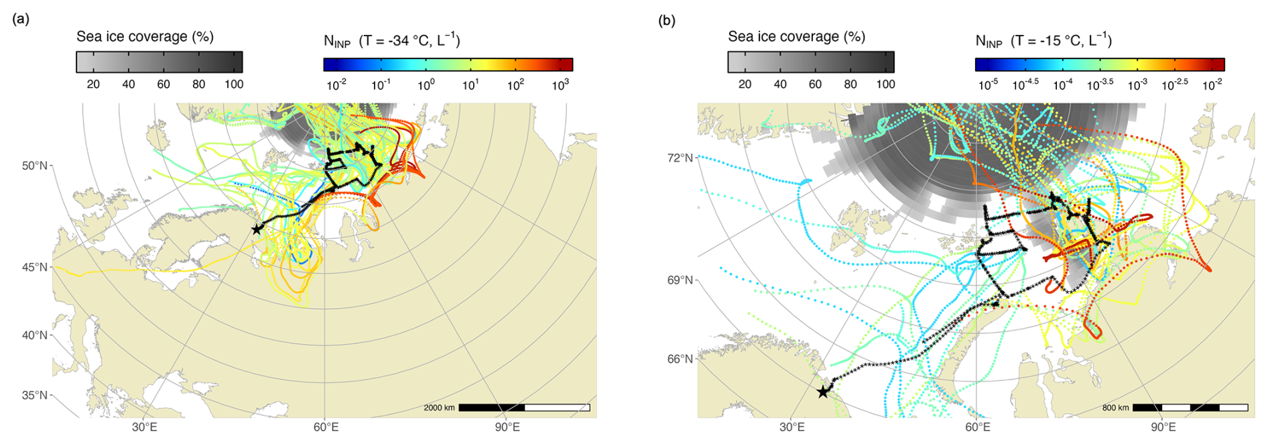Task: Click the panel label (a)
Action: click(x=21, y=19)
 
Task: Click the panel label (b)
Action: click(x=667, y=21)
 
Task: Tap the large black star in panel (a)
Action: click(x=257, y=229)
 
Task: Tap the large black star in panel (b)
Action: click(x=823, y=392)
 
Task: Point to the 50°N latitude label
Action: click(x=35, y=166)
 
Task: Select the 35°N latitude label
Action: click(x=35, y=395)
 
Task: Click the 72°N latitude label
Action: click(x=680, y=158)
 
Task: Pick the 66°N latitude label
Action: click(x=680, y=359)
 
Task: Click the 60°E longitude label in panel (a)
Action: click(x=326, y=427)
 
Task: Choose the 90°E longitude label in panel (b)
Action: click(x=1164, y=427)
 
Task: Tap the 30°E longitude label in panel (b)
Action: click(x=792, y=427)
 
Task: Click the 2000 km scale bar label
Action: click(x=439, y=408)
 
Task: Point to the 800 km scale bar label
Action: click(x=1116, y=408)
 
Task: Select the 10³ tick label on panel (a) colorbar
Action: click(x=560, y=85)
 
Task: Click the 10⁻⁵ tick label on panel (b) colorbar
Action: click(x=988, y=85)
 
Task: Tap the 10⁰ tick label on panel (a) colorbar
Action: click(x=426, y=85)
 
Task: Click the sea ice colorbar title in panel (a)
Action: click(x=145, y=37)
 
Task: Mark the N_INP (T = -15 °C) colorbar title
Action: click(x=1043, y=41)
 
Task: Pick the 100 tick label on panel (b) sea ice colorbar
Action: click(x=886, y=85)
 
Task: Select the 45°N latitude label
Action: click(x=35, y=267)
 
